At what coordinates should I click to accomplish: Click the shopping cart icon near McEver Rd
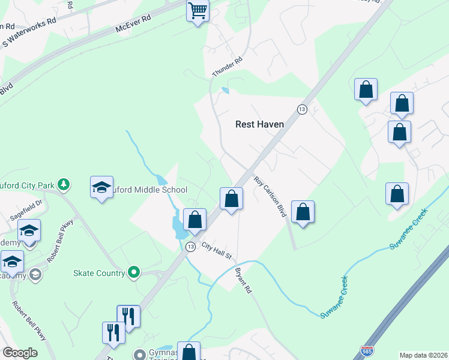click(x=198, y=10)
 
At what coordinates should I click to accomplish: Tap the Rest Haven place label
click(x=259, y=124)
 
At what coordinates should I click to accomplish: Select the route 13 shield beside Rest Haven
click(x=302, y=109)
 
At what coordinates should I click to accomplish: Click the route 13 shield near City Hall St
click(x=190, y=247)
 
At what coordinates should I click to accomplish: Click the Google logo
click(x=20, y=353)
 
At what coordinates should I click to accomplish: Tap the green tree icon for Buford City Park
click(x=62, y=184)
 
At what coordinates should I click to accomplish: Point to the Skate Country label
click(x=99, y=273)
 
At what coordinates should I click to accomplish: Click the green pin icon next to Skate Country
click(x=133, y=273)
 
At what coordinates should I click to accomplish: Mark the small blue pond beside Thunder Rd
click(x=225, y=91)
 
